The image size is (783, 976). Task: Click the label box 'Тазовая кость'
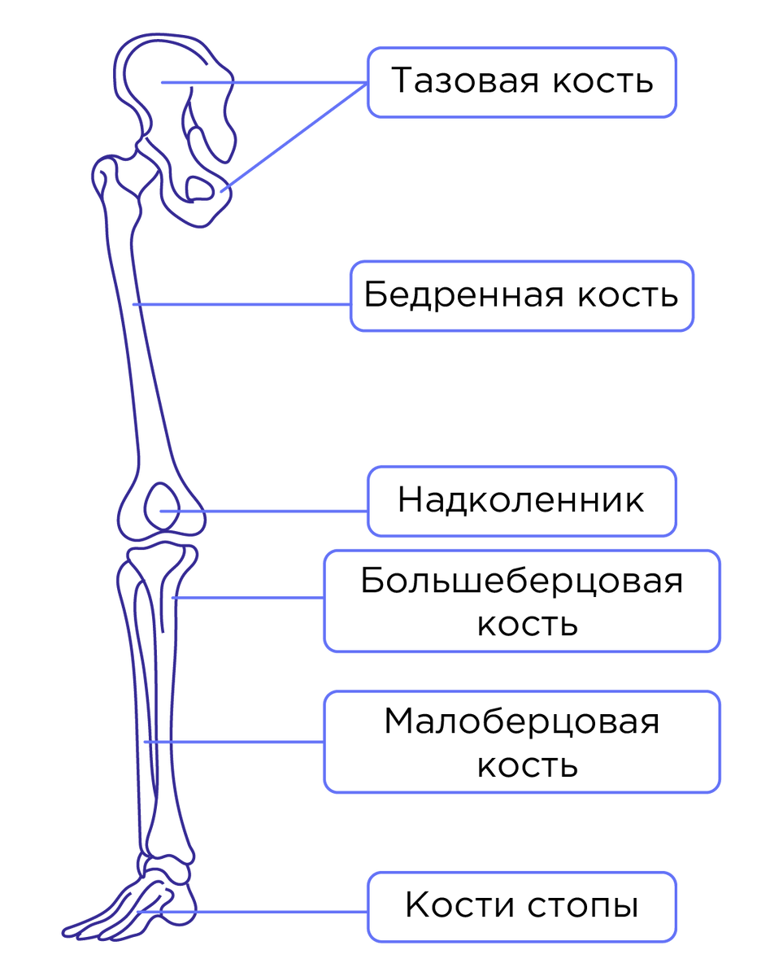(x=521, y=82)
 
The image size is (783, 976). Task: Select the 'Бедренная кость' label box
(x=521, y=295)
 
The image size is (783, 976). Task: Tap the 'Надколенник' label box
(x=521, y=501)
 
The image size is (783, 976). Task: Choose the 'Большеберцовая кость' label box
(x=521, y=601)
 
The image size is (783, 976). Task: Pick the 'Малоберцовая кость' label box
(x=521, y=742)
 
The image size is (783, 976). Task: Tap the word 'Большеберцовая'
(x=521, y=582)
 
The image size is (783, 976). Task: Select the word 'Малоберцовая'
(x=521, y=722)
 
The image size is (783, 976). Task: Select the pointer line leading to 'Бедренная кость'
(x=244, y=305)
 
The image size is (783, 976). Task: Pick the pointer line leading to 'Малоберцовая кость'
(x=244, y=742)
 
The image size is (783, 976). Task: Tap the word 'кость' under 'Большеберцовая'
(x=527, y=625)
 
